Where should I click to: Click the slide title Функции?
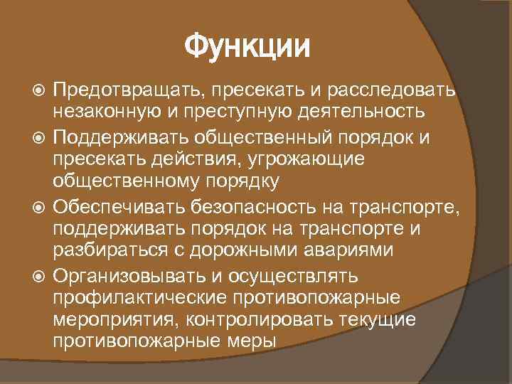[x=247, y=48]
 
